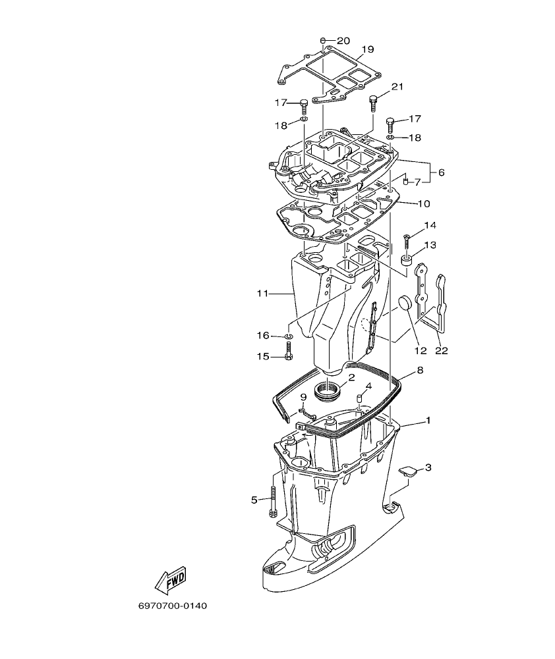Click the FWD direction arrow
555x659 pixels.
[x=170, y=579]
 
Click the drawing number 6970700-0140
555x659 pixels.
[x=172, y=605]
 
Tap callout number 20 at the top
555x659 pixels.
[x=343, y=41]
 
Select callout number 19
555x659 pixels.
[x=368, y=49]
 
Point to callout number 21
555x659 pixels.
[x=397, y=87]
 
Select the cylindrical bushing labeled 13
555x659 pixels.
[x=407, y=263]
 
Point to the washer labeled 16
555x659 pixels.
[x=289, y=336]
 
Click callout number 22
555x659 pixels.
[x=441, y=350]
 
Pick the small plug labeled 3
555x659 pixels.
[x=409, y=471]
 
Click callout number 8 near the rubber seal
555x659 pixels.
[x=420, y=371]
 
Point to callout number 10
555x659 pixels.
[x=423, y=203]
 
